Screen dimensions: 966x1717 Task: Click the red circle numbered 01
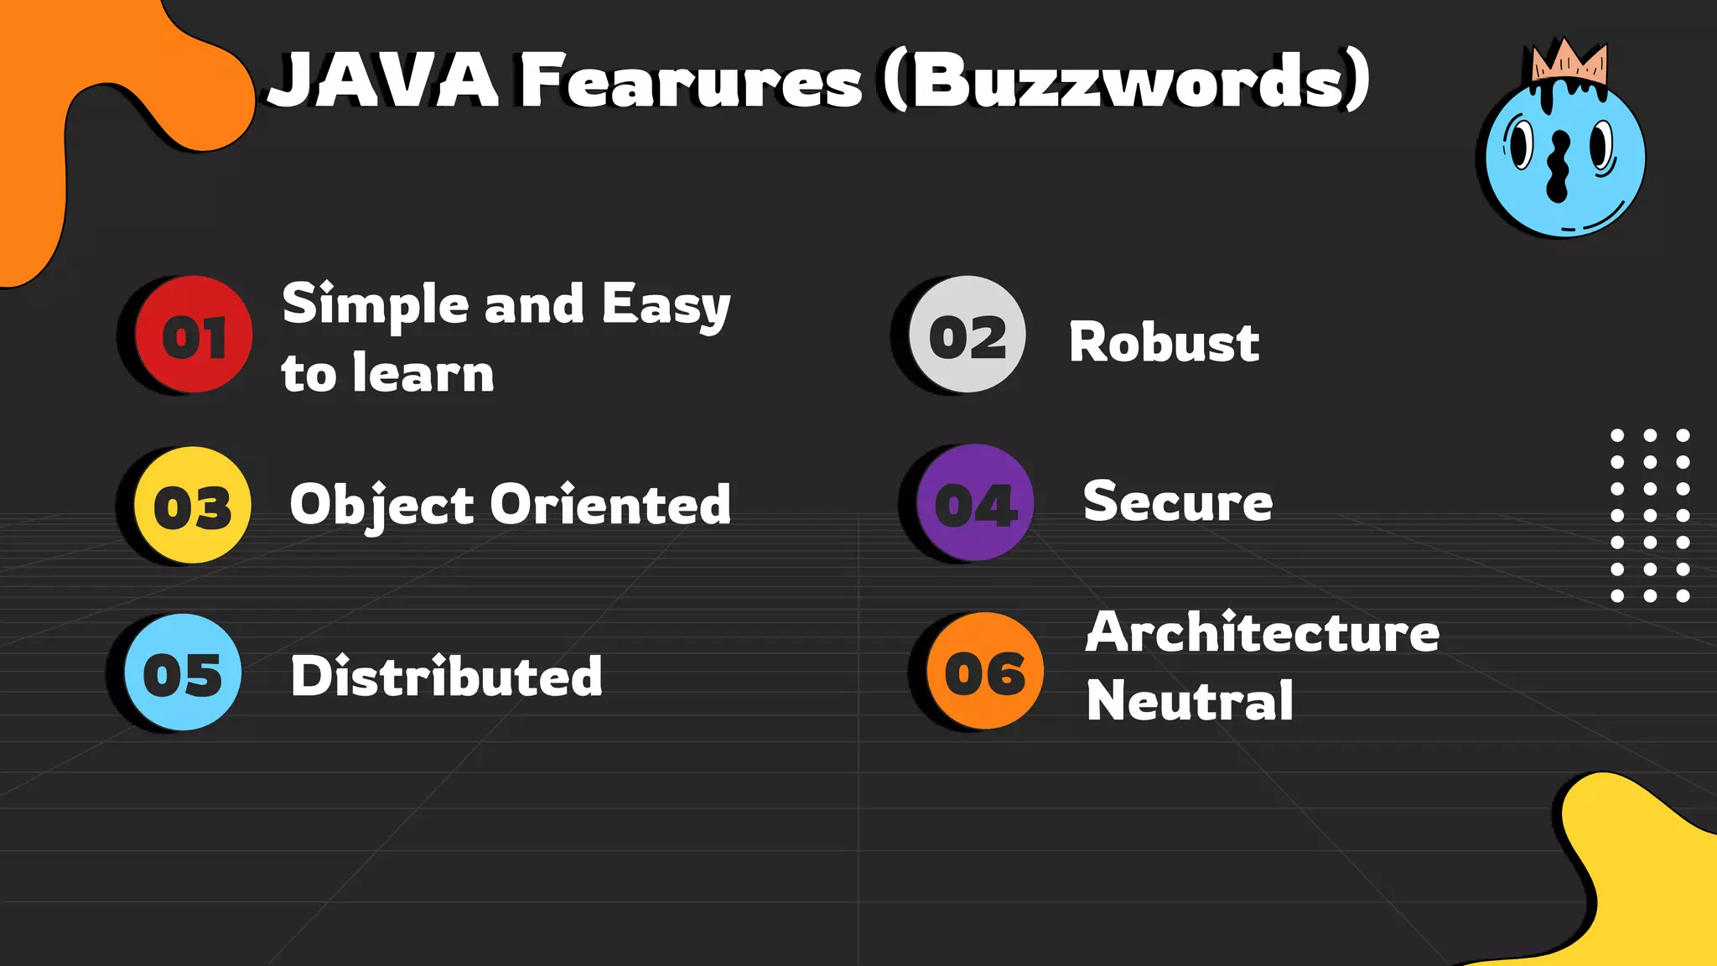point(194,335)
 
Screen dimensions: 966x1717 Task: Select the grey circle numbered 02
point(967,335)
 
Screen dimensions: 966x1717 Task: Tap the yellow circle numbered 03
point(193,506)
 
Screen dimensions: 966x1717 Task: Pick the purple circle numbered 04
point(975,503)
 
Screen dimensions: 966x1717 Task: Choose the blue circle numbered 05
point(183,673)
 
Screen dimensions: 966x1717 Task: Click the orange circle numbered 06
point(985,671)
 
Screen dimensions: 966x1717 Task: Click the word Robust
point(1164,342)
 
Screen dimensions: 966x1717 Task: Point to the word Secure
point(1178,501)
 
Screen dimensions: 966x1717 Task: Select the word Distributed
point(446,676)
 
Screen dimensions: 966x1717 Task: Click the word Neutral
point(1190,700)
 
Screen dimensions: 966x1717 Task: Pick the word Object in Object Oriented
point(381,506)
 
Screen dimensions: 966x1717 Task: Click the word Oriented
point(610,505)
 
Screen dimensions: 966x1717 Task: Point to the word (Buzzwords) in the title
point(1127,80)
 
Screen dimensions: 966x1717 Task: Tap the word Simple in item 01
point(375,304)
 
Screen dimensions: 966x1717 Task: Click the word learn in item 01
point(423,373)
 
